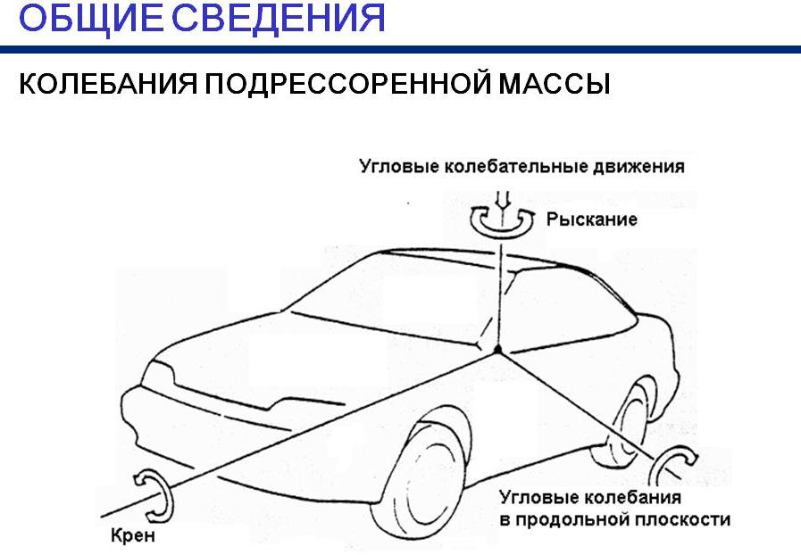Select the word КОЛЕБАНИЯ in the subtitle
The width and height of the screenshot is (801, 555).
108,83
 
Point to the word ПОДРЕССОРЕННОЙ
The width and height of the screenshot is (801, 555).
347,83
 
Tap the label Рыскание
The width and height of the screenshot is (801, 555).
591,220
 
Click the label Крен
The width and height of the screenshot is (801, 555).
133,535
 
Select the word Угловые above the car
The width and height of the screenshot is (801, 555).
399,167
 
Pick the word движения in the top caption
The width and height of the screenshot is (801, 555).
638,167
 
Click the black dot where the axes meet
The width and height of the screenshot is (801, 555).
497,349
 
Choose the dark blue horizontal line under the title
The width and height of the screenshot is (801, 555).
400,50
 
